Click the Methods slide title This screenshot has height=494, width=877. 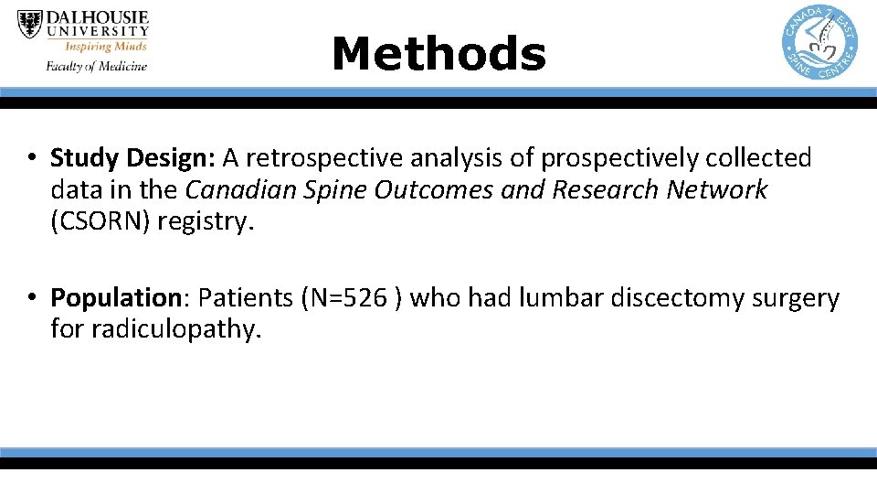[438, 53]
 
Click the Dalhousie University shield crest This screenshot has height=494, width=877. [30, 24]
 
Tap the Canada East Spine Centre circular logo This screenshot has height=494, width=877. [819, 41]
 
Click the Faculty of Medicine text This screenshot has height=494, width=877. [96, 66]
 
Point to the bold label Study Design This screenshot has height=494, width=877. [132, 159]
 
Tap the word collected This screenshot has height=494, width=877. [758, 159]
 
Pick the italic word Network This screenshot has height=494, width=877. [717, 190]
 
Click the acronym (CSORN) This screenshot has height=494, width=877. [100, 221]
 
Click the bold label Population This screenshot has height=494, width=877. [117, 298]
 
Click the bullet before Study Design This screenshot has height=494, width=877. [31, 159]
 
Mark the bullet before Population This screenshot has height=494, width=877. [31, 298]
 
